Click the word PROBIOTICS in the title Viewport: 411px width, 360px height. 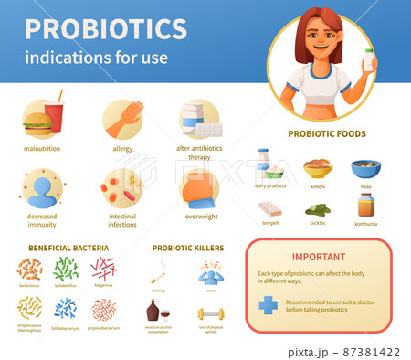(106, 28)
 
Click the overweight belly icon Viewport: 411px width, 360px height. (201, 189)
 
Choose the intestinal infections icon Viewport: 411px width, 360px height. (121, 188)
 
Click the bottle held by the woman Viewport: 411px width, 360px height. (369, 61)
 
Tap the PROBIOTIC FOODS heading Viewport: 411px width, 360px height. (326, 133)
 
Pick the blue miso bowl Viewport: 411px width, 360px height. (365, 169)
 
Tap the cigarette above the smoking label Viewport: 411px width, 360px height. (157, 271)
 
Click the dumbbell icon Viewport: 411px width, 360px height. (211, 314)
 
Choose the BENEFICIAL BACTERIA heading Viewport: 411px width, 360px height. (68, 248)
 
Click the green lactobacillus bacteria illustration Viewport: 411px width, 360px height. (66, 270)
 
